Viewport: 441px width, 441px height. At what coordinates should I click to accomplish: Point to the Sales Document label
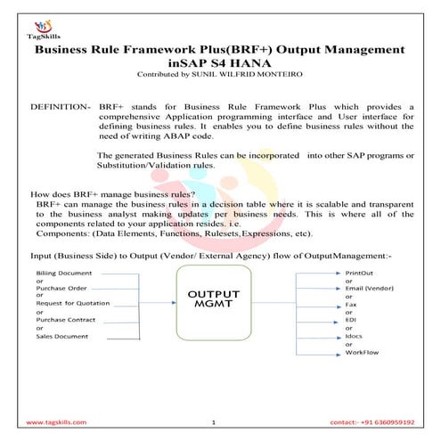click(62, 336)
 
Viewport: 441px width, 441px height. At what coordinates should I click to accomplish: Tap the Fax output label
click(350, 304)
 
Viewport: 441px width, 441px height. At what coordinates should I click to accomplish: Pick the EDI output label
click(350, 319)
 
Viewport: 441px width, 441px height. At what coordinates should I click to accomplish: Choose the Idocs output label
click(354, 336)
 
